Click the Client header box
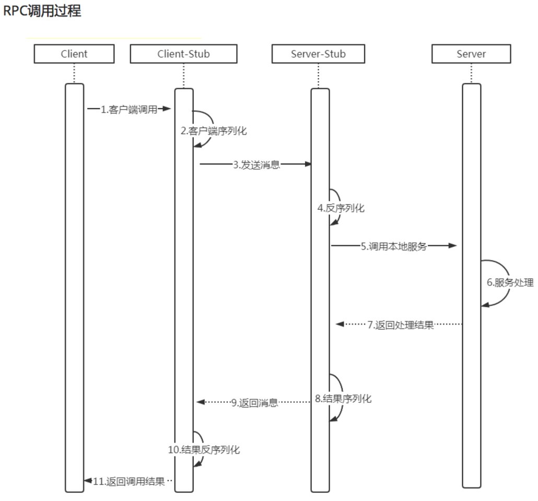(x=74, y=54)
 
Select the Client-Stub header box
(x=183, y=54)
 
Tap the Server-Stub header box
(x=318, y=54)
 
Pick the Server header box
(x=471, y=54)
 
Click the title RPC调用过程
(x=42, y=11)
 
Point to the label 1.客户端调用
(x=129, y=109)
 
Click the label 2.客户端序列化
(x=214, y=131)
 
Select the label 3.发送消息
(x=256, y=165)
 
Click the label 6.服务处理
(x=510, y=282)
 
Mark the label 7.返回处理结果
(x=400, y=325)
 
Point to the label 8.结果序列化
(x=343, y=399)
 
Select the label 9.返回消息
(x=255, y=402)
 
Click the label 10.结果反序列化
(x=204, y=449)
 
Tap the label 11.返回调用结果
(x=128, y=481)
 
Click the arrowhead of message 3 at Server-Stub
(x=308, y=164)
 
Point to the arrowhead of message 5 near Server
(x=453, y=245)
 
